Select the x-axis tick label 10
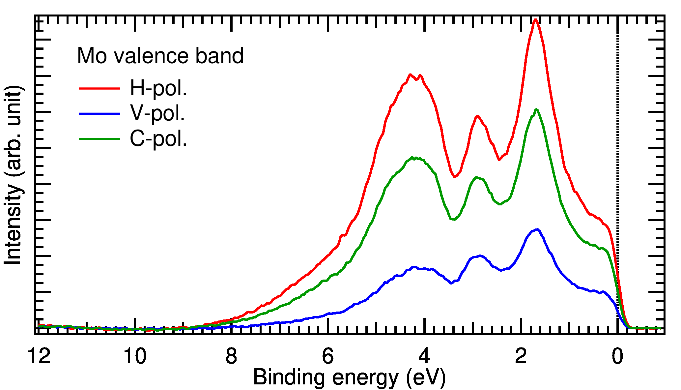click(x=135, y=356)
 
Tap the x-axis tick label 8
click(x=231, y=356)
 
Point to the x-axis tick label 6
click(x=328, y=356)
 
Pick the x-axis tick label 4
click(x=424, y=356)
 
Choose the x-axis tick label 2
click(x=521, y=356)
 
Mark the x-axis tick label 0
click(x=617, y=356)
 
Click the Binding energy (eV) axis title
click(x=349, y=377)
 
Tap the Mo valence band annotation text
click(x=160, y=56)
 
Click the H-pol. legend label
click(x=158, y=88)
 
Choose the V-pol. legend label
click(x=157, y=113)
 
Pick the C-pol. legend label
click(x=158, y=139)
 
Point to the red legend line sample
click(x=99, y=88)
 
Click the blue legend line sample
click(x=99, y=114)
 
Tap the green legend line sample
click(x=99, y=139)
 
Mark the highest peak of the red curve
click(x=535, y=20)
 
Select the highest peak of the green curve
click(x=536, y=109)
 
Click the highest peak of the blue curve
click(x=537, y=229)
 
